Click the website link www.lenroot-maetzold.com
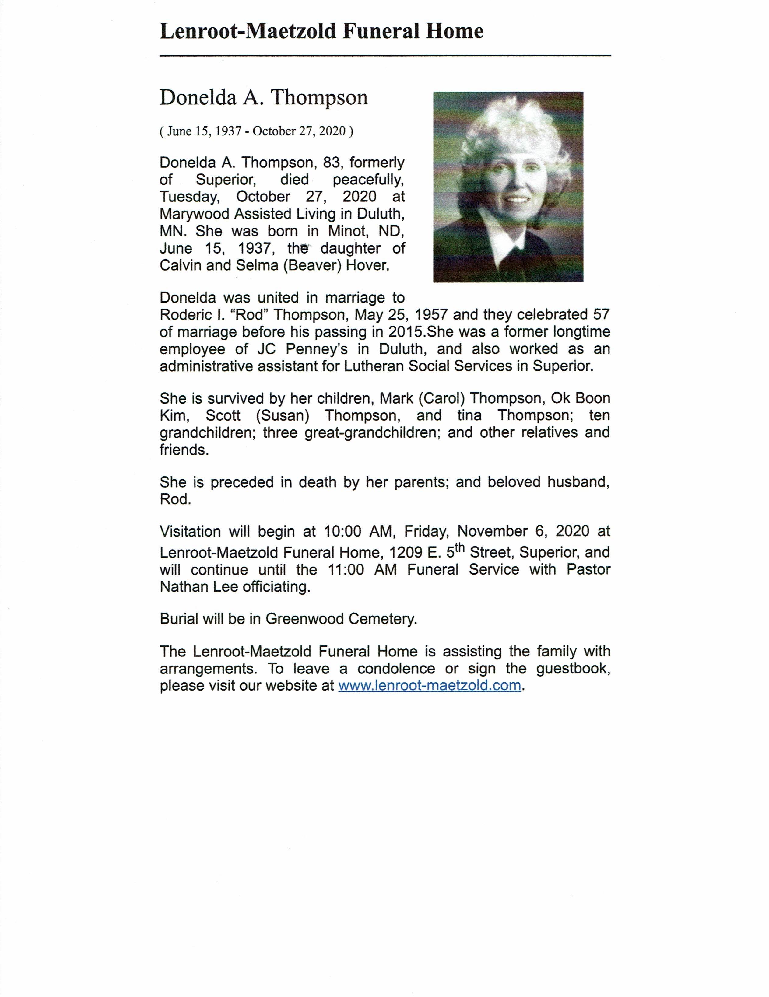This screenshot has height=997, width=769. coord(429,685)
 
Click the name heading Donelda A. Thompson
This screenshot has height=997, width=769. coord(264,98)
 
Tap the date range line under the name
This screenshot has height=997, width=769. coord(256,131)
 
